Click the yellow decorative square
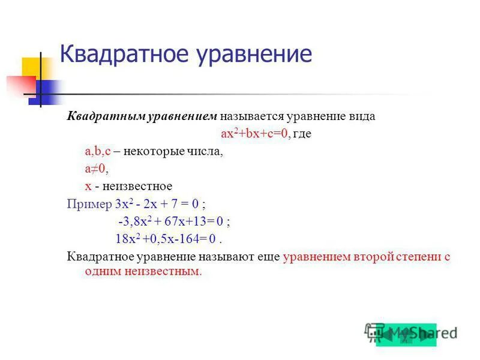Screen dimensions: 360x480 coord(31,68)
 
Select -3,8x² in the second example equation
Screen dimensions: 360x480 coord(133,221)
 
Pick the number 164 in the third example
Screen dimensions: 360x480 coord(199,239)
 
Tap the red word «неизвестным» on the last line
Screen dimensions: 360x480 coord(169,272)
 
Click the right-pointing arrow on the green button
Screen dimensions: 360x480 coord(425,334)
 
